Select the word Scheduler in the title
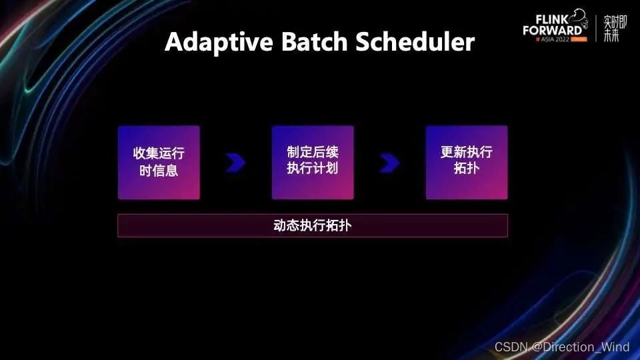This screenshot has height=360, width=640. click(415, 42)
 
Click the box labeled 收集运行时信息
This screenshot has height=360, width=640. click(159, 162)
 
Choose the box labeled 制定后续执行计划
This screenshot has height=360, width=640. click(313, 162)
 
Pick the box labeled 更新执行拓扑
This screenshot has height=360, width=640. click(467, 162)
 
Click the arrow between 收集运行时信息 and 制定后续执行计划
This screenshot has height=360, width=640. click(235, 163)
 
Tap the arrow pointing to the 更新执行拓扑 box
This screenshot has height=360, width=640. click(389, 163)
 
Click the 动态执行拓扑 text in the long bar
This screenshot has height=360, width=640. click(313, 225)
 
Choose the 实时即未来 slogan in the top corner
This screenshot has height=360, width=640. click(611, 28)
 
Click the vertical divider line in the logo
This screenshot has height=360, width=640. click(596, 28)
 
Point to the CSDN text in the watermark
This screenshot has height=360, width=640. click(510, 347)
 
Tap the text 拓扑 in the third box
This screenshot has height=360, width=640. click(467, 169)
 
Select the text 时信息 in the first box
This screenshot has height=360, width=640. click(159, 170)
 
